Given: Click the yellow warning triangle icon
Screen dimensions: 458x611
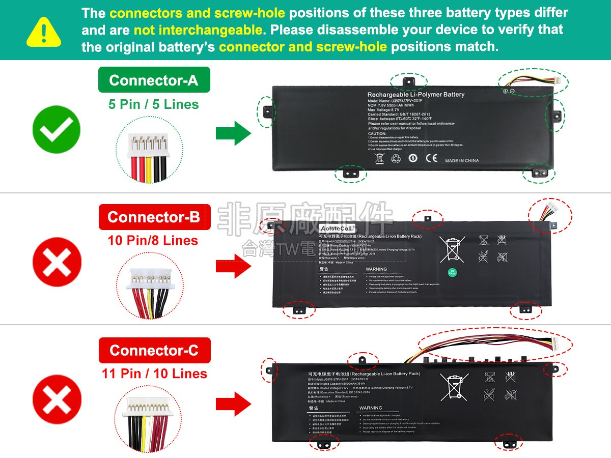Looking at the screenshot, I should point(44,31).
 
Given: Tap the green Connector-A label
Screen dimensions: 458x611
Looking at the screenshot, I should point(154,80).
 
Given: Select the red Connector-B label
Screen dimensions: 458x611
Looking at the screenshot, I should point(154,217).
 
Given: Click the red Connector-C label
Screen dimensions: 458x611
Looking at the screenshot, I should point(154,350).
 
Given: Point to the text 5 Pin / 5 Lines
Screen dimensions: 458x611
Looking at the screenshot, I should point(153,104).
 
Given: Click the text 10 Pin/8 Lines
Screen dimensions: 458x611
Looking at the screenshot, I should point(153,240).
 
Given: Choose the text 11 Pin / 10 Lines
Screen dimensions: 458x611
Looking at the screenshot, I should point(154,374).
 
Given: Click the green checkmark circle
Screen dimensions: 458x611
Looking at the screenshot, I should point(57,130).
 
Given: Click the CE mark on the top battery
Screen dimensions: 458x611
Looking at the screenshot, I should point(431,158).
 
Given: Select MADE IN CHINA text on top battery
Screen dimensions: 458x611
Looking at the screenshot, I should point(462,161).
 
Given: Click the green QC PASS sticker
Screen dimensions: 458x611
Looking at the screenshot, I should point(452,272).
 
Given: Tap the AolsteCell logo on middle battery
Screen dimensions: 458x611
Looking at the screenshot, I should point(337,228).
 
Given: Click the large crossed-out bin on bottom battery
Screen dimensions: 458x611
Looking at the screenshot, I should point(454,387).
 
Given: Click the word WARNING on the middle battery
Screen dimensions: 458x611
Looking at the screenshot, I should point(376,269).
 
